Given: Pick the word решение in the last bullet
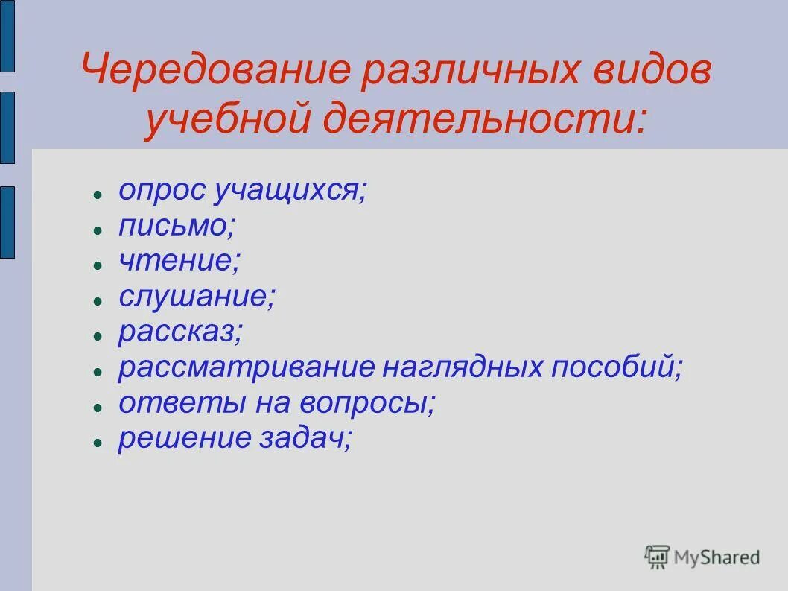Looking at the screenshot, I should point(185,438).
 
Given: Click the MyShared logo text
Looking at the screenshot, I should point(716,556).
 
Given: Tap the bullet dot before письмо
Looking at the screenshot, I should point(97,230).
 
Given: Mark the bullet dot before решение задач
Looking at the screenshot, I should point(97,441).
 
